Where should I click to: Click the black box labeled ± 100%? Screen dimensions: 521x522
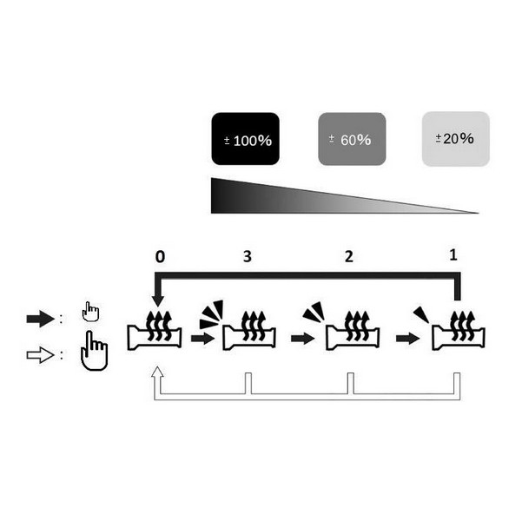pyautogui.click(x=245, y=139)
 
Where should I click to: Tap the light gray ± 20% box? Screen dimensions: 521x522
pyautogui.click(x=454, y=139)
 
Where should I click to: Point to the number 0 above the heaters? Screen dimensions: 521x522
pyautogui.click(x=159, y=257)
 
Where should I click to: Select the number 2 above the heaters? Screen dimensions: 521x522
pyautogui.click(x=349, y=257)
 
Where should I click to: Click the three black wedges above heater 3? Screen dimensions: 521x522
pyautogui.click(x=210, y=314)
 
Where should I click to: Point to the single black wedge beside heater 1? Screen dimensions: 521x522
pyautogui.click(x=421, y=314)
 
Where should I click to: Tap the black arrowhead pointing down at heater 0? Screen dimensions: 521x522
pyautogui.click(x=157, y=302)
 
